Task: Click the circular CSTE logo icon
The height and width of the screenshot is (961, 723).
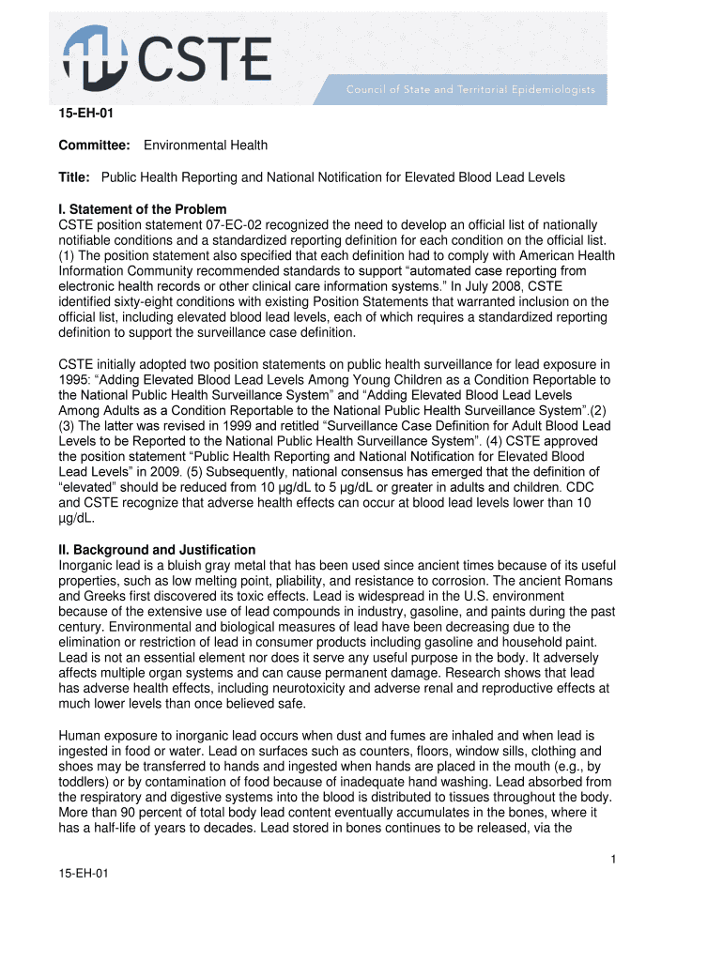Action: [97, 57]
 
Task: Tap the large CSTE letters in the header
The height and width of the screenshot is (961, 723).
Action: [206, 58]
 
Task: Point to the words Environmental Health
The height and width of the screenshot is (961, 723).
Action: [206, 145]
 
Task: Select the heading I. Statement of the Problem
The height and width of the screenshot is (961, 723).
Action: [143, 209]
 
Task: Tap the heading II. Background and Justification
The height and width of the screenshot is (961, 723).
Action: [157, 549]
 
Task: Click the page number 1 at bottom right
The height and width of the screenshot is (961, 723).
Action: [612, 859]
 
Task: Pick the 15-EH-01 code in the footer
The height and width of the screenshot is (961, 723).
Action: [84, 874]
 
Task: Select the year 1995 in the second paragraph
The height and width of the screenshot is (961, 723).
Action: [77, 380]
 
